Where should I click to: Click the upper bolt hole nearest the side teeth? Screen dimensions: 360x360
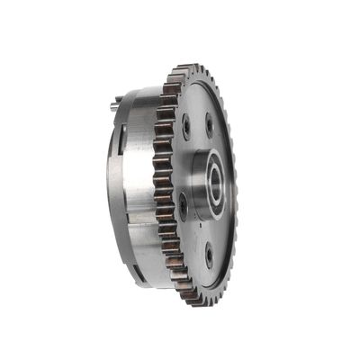tap(186, 125)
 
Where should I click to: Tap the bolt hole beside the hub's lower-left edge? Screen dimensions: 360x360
tap(183, 205)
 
